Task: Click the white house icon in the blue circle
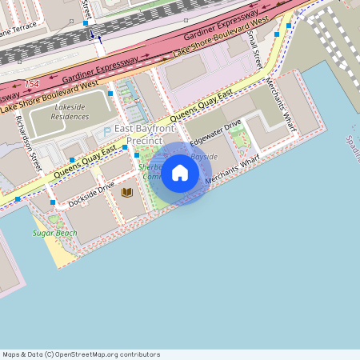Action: coord(180,173)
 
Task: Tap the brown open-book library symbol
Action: coord(126,192)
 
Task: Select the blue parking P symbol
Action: coord(107,131)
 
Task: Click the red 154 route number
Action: coord(32,83)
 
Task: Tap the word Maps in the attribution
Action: coord(11,354)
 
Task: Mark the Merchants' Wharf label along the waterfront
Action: coord(233,170)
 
